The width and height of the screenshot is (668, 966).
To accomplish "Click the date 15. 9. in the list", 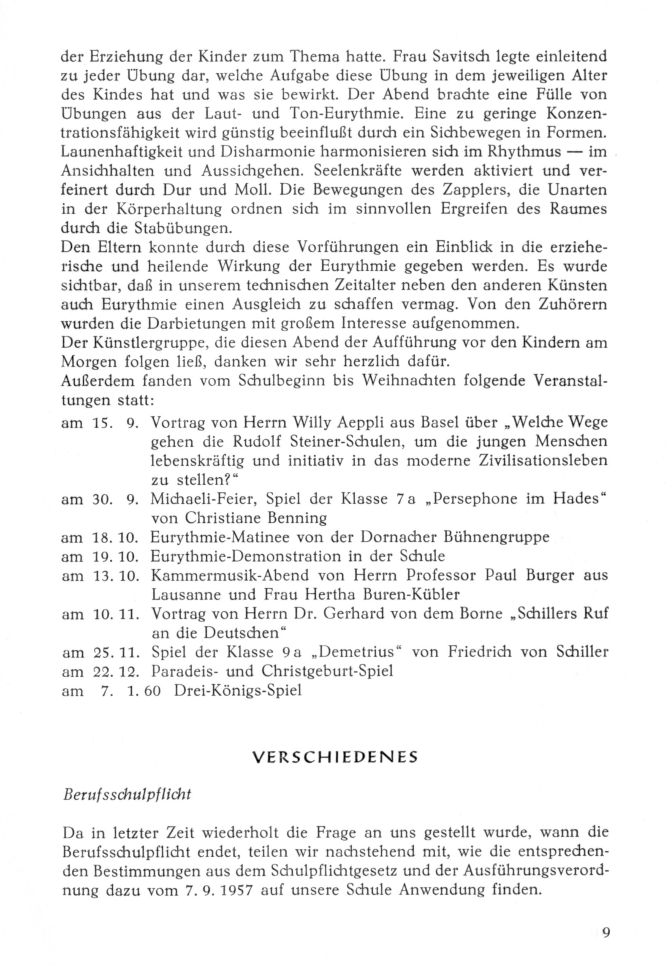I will [115, 423].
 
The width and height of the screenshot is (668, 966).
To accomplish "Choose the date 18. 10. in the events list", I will [115, 538].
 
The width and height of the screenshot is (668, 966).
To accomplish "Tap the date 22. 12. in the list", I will [115, 672].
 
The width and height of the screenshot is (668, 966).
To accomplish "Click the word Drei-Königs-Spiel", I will [237, 691].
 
